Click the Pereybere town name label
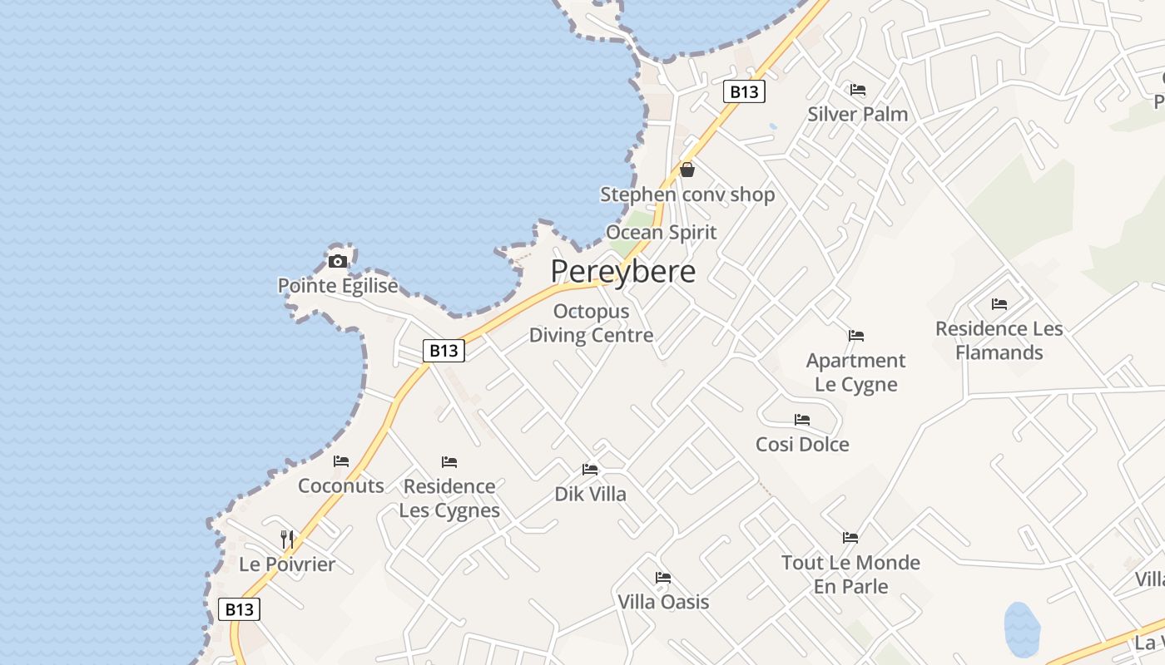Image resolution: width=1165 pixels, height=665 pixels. [622, 272]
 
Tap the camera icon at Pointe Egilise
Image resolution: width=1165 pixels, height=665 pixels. [337, 262]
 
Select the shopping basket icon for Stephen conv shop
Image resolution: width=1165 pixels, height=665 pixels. [687, 170]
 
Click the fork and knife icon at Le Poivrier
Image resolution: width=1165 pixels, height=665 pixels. [287, 539]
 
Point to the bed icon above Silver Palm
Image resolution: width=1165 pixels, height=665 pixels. [858, 90]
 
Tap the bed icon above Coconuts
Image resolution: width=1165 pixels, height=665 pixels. [341, 461]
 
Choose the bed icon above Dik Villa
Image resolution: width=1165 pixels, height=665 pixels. [590, 470]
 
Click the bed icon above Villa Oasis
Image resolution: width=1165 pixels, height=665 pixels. [663, 577]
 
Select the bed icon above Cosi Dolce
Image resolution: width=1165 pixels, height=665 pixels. [802, 420]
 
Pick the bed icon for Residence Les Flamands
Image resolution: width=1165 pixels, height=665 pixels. [999, 304]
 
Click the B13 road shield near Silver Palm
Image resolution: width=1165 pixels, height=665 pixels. [744, 91]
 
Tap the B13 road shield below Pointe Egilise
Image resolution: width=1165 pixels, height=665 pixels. [444, 351]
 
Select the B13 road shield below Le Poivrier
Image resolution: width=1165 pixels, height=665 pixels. [240, 609]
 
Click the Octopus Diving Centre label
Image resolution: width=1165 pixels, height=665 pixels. [591, 323]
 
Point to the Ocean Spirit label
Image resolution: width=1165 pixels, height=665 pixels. [661, 232]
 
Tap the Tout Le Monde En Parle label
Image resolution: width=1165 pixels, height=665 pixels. [850, 574]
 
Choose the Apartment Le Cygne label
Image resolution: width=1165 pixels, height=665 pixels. [855, 372]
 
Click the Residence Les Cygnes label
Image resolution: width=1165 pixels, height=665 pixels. [449, 498]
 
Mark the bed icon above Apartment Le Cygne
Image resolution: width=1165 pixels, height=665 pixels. [855, 336]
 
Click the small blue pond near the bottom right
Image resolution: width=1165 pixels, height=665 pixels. [1022, 628]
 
